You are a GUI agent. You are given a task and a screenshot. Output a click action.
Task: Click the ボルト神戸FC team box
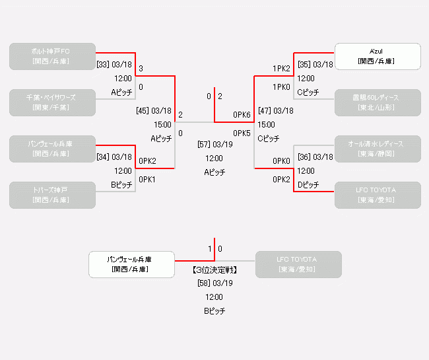tap(53, 56)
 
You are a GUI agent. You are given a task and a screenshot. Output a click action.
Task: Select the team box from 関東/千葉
tap(53, 102)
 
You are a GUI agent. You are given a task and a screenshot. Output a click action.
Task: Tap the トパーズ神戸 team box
tap(53, 195)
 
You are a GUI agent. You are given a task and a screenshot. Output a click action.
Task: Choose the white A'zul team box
tap(378, 56)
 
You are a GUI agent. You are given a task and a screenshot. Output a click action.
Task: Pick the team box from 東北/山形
tap(378, 102)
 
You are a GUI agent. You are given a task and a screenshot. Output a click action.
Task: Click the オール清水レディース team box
tap(378, 149)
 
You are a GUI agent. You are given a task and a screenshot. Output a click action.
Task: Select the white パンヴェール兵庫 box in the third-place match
tap(132, 264)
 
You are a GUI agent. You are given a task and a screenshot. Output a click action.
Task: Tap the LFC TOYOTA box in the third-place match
tap(298, 264)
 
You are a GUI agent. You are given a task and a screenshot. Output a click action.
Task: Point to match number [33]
tap(103, 65)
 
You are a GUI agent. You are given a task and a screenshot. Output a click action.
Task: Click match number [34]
tap(103, 157)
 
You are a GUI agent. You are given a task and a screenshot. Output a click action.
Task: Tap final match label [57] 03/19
tap(214, 144)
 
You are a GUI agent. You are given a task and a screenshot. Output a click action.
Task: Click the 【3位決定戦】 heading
tap(214, 270)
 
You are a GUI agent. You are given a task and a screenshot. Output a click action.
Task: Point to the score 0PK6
tap(242, 115)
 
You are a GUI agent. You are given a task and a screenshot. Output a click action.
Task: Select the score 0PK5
tap(242, 133)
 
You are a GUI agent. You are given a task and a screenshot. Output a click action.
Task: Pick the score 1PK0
tap(281, 87)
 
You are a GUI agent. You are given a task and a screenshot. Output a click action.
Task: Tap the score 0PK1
tap(147, 180)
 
